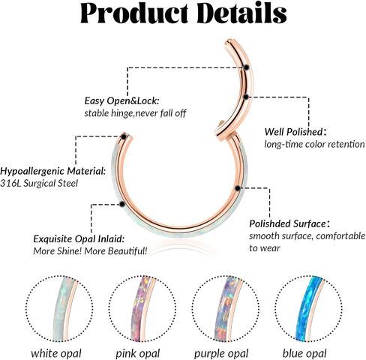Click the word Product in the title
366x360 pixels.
[x=134, y=13]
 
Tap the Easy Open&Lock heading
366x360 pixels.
[x=121, y=101]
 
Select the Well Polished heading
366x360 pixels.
[x=295, y=132]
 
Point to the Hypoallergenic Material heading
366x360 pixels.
[x=52, y=171]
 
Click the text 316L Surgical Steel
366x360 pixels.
[x=39, y=184]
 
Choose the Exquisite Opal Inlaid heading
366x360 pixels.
[x=79, y=239]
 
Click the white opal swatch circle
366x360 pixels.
[x=59, y=309]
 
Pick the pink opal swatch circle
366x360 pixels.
[x=142, y=309]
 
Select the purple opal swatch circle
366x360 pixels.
[x=226, y=309]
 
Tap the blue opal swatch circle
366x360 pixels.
[x=308, y=309]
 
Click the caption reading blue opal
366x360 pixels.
[x=304, y=353]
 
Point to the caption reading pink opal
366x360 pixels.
[x=138, y=354]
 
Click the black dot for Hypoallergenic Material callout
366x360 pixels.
[x=124, y=136]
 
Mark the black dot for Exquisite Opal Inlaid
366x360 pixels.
[x=122, y=204]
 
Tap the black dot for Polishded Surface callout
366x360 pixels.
[x=238, y=188]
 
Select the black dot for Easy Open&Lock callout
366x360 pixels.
[x=247, y=67]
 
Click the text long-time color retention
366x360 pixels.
[x=314, y=144]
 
